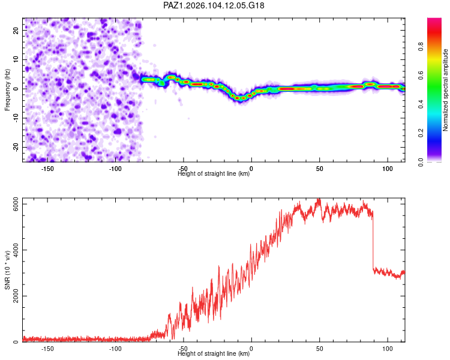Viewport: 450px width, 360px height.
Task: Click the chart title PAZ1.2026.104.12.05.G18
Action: tap(214, 5)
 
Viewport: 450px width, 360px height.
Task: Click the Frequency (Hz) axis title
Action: tap(7, 90)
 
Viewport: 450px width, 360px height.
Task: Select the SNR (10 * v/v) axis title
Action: tap(7, 270)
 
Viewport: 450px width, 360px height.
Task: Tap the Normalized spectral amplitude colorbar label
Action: tap(445, 90)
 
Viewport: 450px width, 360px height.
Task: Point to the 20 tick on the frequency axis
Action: tap(16, 30)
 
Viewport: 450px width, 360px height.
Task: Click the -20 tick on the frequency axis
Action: tap(16, 147)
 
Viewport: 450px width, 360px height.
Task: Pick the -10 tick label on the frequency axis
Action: tap(16, 118)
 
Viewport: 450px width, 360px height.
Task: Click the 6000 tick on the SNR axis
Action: tap(16, 204)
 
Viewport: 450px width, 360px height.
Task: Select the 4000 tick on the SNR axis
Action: tap(16, 250)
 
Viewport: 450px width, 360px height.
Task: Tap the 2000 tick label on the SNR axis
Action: tap(16, 296)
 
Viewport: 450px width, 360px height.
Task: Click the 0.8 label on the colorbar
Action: tap(421, 46)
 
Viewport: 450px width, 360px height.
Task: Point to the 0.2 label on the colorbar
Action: tap(421, 133)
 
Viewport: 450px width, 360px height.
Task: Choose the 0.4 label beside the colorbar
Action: tap(421, 104)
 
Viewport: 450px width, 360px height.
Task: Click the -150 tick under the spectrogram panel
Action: tap(47, 169)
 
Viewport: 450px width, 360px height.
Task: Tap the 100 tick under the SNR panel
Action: tap(388, 349)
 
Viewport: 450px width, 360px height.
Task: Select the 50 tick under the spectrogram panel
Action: tap(319, 169)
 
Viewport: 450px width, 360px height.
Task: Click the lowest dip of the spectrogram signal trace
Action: tap(240, 98)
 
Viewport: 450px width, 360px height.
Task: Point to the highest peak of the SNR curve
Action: tap(318, 199)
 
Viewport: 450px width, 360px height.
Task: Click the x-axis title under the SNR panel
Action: tap(214, 353)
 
